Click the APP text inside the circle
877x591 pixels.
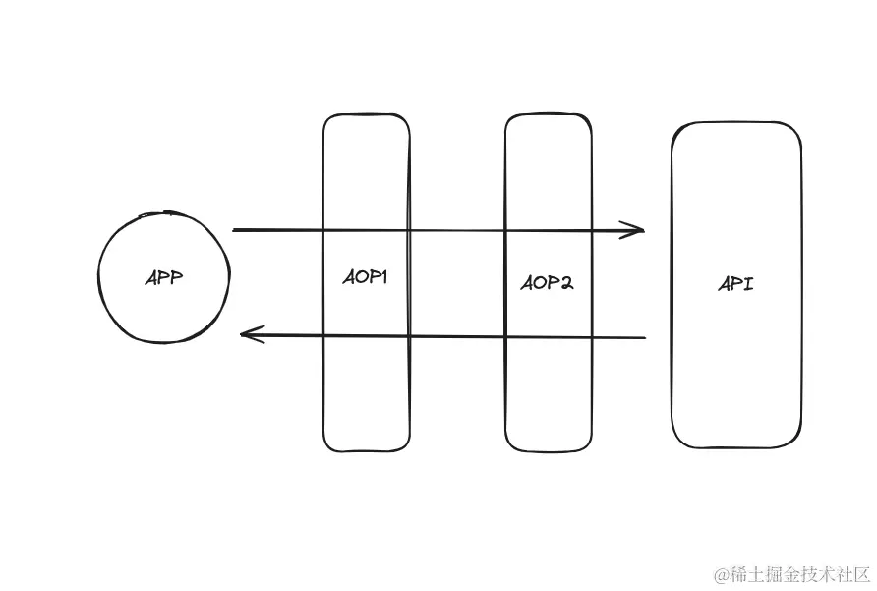(164, 278)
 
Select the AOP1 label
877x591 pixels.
(366, 278)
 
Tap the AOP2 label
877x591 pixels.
(547, 283)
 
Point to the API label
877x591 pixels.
(736, 284)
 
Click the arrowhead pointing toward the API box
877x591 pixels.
(637, 231)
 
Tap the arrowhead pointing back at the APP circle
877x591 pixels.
(248, 336)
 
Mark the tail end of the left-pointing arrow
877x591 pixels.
(643, 338)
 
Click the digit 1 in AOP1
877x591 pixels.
(384, 278)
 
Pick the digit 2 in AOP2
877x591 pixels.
(566, 283)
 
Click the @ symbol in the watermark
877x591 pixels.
(720, 572)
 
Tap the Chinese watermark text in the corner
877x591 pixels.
(800, 572)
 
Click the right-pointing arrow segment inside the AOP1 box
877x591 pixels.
(366, 231)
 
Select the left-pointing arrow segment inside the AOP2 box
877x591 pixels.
(549, 337)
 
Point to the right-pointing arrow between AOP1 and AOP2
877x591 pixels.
(457, 231)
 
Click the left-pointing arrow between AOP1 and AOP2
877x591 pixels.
(457, 337)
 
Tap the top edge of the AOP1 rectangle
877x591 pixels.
(366, 115)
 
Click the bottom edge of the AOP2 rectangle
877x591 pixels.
(549, 450)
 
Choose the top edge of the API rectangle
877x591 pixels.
(736, 123)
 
